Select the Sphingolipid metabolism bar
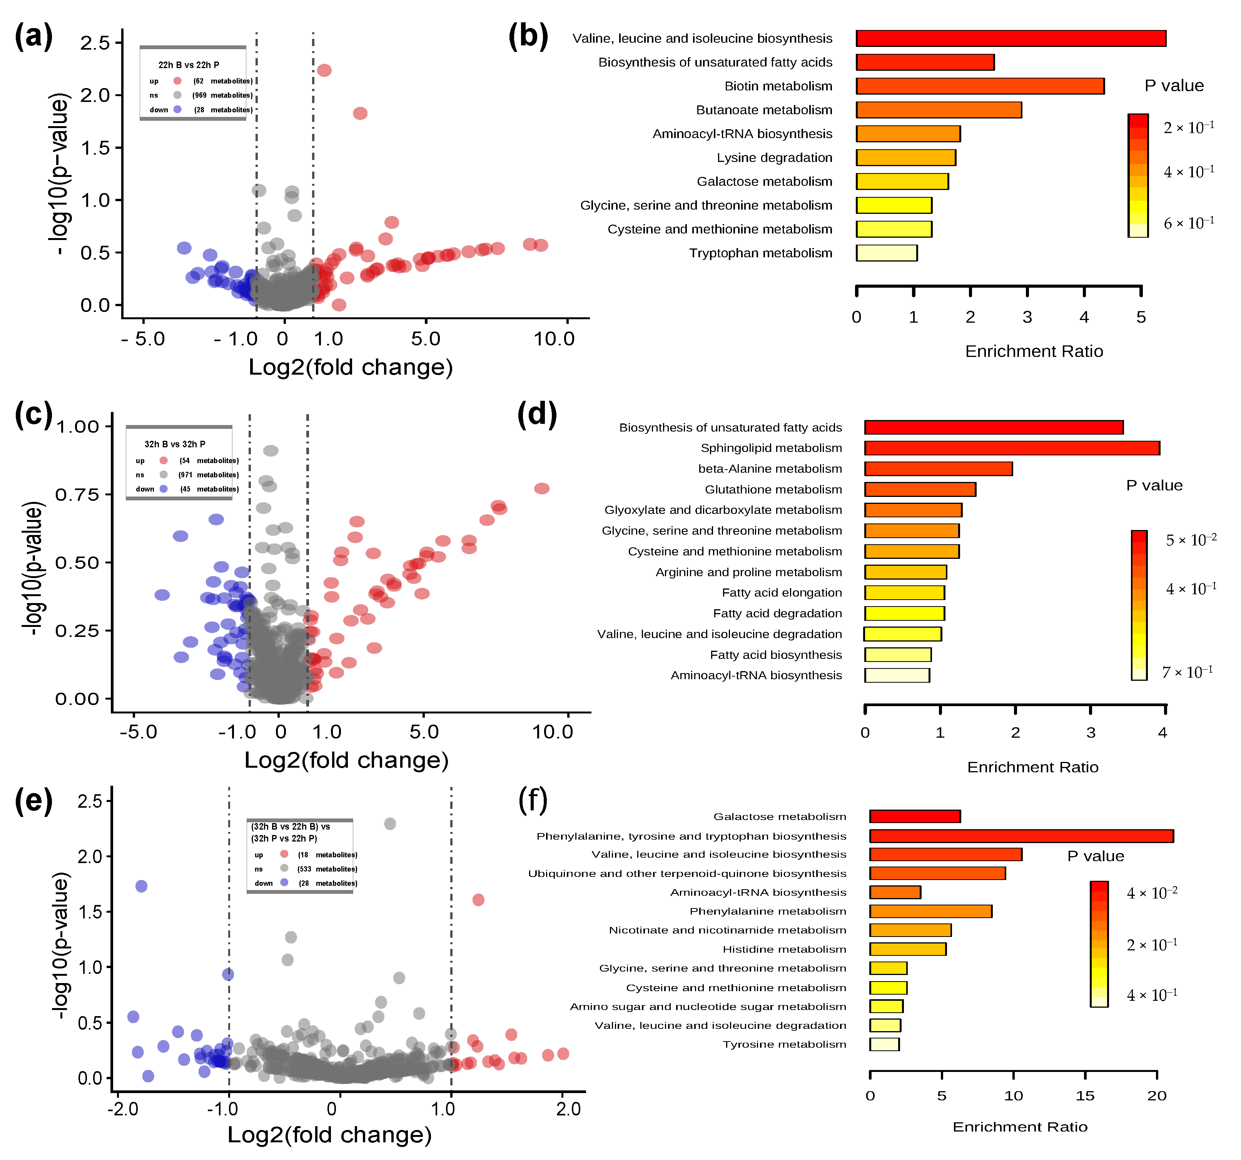1011,448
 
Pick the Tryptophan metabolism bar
887,253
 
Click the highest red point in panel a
324,70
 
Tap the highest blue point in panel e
141,886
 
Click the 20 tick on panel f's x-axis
1156,1096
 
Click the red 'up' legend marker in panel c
164,460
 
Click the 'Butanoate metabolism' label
764,110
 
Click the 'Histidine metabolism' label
784,949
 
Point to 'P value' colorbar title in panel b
1174,85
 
